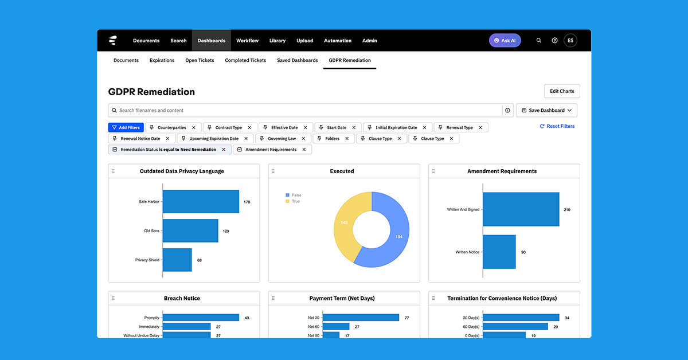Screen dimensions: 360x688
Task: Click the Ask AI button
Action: click(x=505, y=41)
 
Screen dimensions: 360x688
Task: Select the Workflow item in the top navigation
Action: click(x=247, y=41)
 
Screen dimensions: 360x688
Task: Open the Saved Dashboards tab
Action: click(x=297, y=60)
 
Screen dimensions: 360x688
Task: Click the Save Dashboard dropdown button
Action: click(x=546, y=110)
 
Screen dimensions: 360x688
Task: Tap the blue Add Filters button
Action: click(x=126, y=127)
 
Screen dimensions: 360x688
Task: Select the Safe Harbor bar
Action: click(x=201, y=202)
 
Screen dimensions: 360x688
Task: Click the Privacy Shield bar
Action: click(x=177, y=260)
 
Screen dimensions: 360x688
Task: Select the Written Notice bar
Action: click(x=499, y=252)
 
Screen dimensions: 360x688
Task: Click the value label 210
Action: click(x=566, y=210)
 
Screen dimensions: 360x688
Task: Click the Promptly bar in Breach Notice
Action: click(x=201, y=318)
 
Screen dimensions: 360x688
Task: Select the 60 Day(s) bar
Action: click(x=515, y=327)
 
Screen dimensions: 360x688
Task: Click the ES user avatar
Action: click(x=570, y=41)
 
